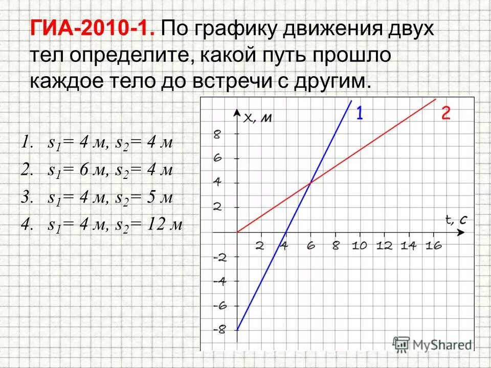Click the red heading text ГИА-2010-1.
pyautogui.click(x=92, y=29)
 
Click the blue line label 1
pyautogui.click(x=360, y=112)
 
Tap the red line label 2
pyautogui.click(x=446, y=113)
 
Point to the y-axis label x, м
pyautogui.click(x=257, y=118)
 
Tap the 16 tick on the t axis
pyautogui.click(x=433, y=245)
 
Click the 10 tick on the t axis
pyautogui.click(x=359, y=245)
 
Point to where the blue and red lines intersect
pyautogui.click(x=310, y=183)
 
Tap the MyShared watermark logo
pyautogui.click(x=433, y=344)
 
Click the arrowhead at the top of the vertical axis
pyautogui.click(x=237, y=112)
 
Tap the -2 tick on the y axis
pyautogui.click(x=219, y=257)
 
